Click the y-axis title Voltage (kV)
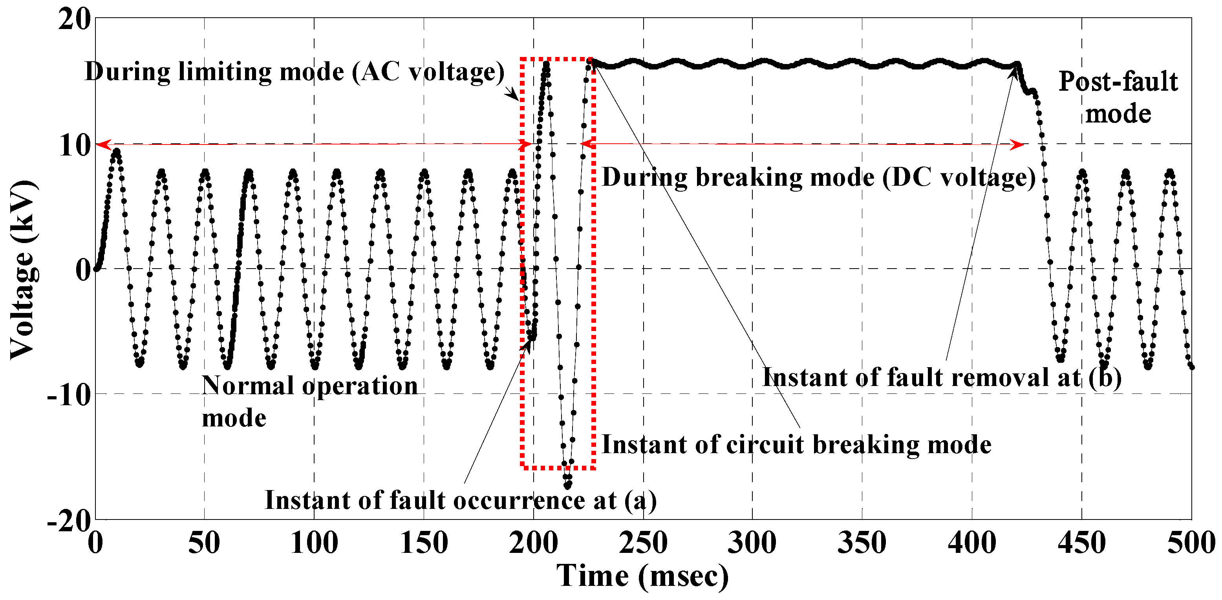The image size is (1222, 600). [x=23, y=269]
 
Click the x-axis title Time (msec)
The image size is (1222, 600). [x=643, y=576]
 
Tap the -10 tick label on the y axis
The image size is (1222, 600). [x=69, y=395]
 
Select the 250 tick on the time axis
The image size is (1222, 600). [x=643, y=543]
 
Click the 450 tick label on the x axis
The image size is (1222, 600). [x=1081, y=543]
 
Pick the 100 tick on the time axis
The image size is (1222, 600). [x=314, y=543]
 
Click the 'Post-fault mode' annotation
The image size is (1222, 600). [x=1118, y=98]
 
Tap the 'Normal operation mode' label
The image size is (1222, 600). [x=309, y=401]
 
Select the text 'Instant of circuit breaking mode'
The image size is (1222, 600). [x=796, y=445]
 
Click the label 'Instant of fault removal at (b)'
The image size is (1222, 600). [x=942, y=378]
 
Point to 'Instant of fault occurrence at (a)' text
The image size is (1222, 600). [x=460, y=500]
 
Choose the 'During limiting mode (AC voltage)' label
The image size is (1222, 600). [x=294, y=72]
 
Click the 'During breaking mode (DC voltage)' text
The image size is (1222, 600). [x=818, y=178]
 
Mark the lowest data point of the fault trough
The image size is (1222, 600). [x=567, y=486]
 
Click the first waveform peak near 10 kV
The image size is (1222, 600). [x=116, y=152]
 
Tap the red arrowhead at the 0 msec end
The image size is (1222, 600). [x=101, y=144]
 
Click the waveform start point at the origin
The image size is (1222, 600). [x=96, y=269]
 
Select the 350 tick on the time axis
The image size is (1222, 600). [x=862, y=543]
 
